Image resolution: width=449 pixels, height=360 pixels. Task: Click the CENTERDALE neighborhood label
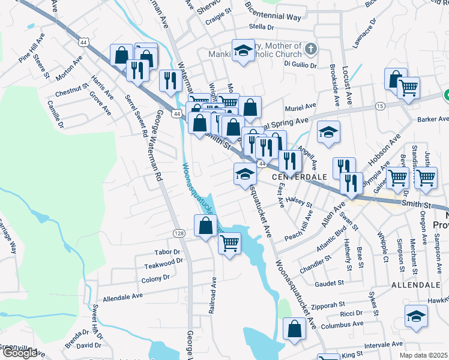(x=299, y=178)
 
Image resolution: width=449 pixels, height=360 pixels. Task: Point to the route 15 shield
(x=380, y=106)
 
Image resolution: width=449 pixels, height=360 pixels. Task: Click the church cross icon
(x=310, y=49)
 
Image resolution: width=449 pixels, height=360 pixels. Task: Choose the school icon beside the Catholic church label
(x=243, y=51)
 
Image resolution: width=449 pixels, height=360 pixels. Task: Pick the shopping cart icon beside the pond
(x=229, y=243)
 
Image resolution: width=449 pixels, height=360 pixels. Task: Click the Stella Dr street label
(x=262, y=27)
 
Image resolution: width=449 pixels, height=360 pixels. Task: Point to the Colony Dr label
(x=155, y=279)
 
